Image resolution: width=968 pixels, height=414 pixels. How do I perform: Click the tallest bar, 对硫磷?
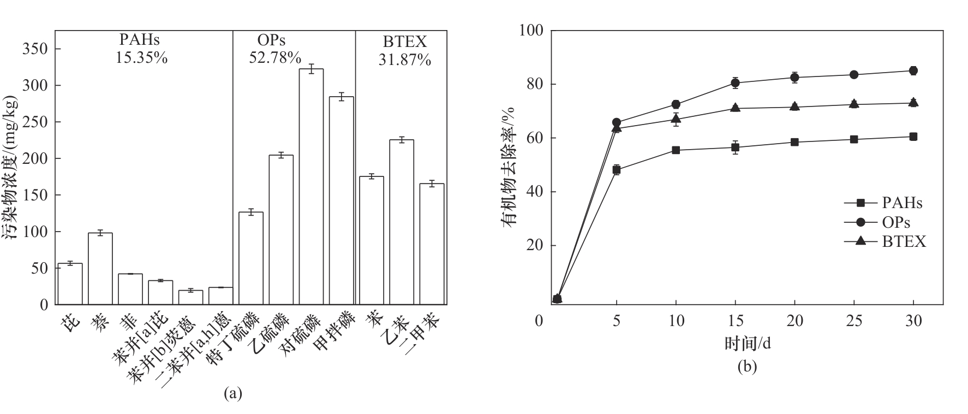pos(311,186)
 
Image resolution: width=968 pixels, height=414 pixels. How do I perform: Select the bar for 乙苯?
pos(401,222)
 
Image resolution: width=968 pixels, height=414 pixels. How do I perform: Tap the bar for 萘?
pos(100,268)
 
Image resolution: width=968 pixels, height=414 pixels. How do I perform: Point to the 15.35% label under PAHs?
pos(141,57)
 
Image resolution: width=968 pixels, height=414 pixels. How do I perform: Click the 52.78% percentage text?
pos(275,57)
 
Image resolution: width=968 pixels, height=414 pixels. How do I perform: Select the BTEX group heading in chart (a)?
pos(404,42)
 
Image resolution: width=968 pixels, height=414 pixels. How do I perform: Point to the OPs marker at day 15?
pos(735,83)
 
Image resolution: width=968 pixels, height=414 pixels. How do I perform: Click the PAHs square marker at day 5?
pos(617,170)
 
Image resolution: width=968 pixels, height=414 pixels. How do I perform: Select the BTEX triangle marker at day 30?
pos(913,102)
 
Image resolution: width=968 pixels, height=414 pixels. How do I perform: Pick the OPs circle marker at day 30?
pos(913,70)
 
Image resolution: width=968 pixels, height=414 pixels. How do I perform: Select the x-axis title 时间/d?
pos(747,344)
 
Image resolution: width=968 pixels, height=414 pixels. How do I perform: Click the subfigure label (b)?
pos(747,366)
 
